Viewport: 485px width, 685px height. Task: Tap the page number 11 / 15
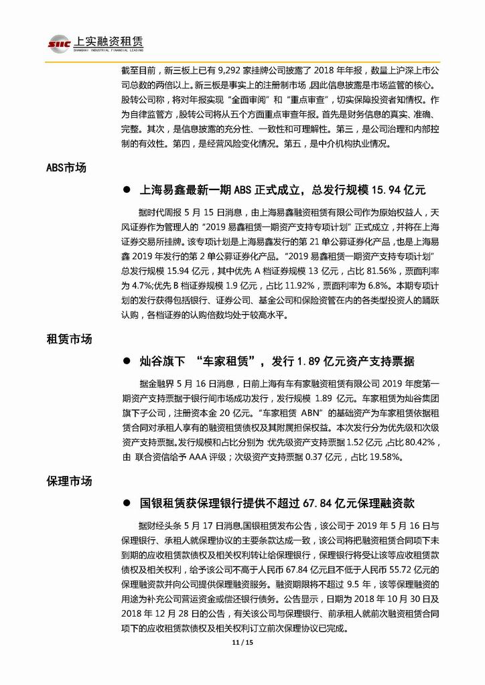coord(242,670)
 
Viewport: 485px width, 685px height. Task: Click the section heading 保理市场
coord(69,481)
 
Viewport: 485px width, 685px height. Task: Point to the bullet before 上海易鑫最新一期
coord(125,190)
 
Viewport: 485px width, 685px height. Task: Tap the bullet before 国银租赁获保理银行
coord(125,503)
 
